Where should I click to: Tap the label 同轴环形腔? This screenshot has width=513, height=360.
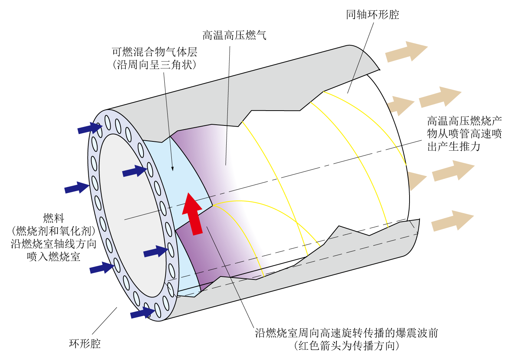372,15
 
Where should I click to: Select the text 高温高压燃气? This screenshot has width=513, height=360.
234,36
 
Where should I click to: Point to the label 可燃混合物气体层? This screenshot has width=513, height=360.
155,52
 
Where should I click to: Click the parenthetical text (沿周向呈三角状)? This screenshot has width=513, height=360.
155,65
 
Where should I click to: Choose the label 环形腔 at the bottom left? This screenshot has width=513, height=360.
85,343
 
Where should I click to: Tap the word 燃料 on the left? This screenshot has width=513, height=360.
54,218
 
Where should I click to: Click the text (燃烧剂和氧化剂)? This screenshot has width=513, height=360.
54,231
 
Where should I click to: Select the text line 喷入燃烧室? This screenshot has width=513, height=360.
54,256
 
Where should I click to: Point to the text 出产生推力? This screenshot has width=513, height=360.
454,147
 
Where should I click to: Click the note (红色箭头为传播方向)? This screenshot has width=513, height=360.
346,346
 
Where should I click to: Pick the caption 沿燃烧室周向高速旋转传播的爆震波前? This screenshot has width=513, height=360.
346,333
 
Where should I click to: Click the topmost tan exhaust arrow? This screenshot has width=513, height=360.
406,52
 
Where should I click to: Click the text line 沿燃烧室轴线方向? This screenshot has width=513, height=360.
54,244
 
